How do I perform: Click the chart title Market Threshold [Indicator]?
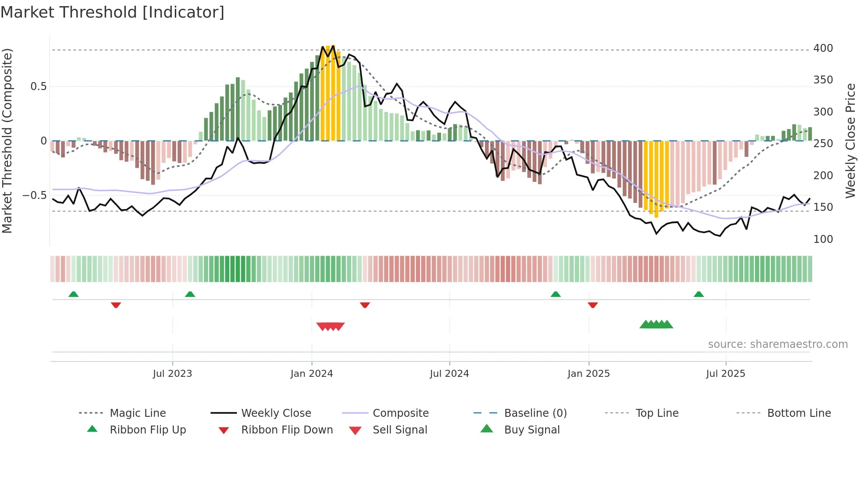[112, 12]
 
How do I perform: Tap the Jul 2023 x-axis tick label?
[172, 374]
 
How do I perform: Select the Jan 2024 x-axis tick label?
[311, 374]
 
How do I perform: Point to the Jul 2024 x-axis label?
[449, 374]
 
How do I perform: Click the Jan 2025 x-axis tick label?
[588, 374]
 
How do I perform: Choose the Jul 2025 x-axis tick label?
[725, 374]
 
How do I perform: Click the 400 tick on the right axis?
[823, 48]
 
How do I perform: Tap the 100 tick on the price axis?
[823, 239]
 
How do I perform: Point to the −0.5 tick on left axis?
[34, 195]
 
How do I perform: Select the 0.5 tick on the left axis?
[38, 87]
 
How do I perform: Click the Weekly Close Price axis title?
[850, 141]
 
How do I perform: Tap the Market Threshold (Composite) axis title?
[7, 141]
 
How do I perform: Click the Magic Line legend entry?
[137, 413]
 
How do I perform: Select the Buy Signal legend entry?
[532, 430]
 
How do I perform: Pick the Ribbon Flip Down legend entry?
[286, 430]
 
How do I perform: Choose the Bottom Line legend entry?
[799, 413]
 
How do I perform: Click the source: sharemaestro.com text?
[778, 344]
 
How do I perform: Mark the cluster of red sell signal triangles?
[330, 326]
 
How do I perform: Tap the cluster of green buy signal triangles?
[656, 325]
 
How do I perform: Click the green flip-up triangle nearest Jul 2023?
[190, 294]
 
